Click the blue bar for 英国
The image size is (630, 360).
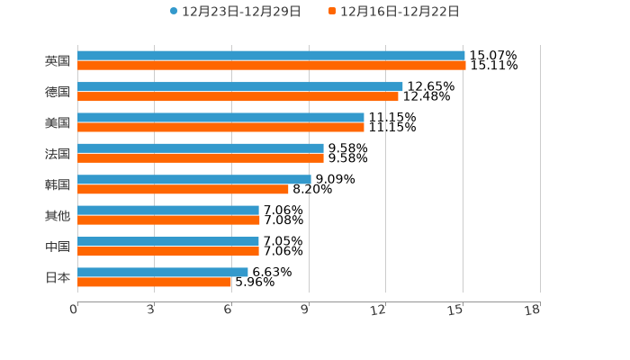click(271, 56)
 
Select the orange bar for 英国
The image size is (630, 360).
click(271, 66)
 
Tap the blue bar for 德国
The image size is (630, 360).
click(239, 86)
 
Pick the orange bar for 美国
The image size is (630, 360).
click(220, 127)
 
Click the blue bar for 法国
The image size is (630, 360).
click(200, 148)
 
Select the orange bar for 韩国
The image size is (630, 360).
click(183, 189)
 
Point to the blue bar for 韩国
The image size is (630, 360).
click(193, 179)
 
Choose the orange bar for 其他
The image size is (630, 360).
click(168, 220)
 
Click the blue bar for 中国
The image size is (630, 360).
click(167, 241)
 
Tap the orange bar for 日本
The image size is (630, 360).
click(154, 282)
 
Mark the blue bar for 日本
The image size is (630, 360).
click(162, 272)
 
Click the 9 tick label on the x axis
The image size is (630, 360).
click(305, 310)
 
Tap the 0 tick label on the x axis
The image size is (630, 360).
click(74, 310)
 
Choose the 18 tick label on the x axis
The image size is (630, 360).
click(533, 310)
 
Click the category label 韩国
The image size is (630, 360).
click(58, 184)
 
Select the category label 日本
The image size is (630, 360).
click(58, 277)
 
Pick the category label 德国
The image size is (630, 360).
click(58, 92)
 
